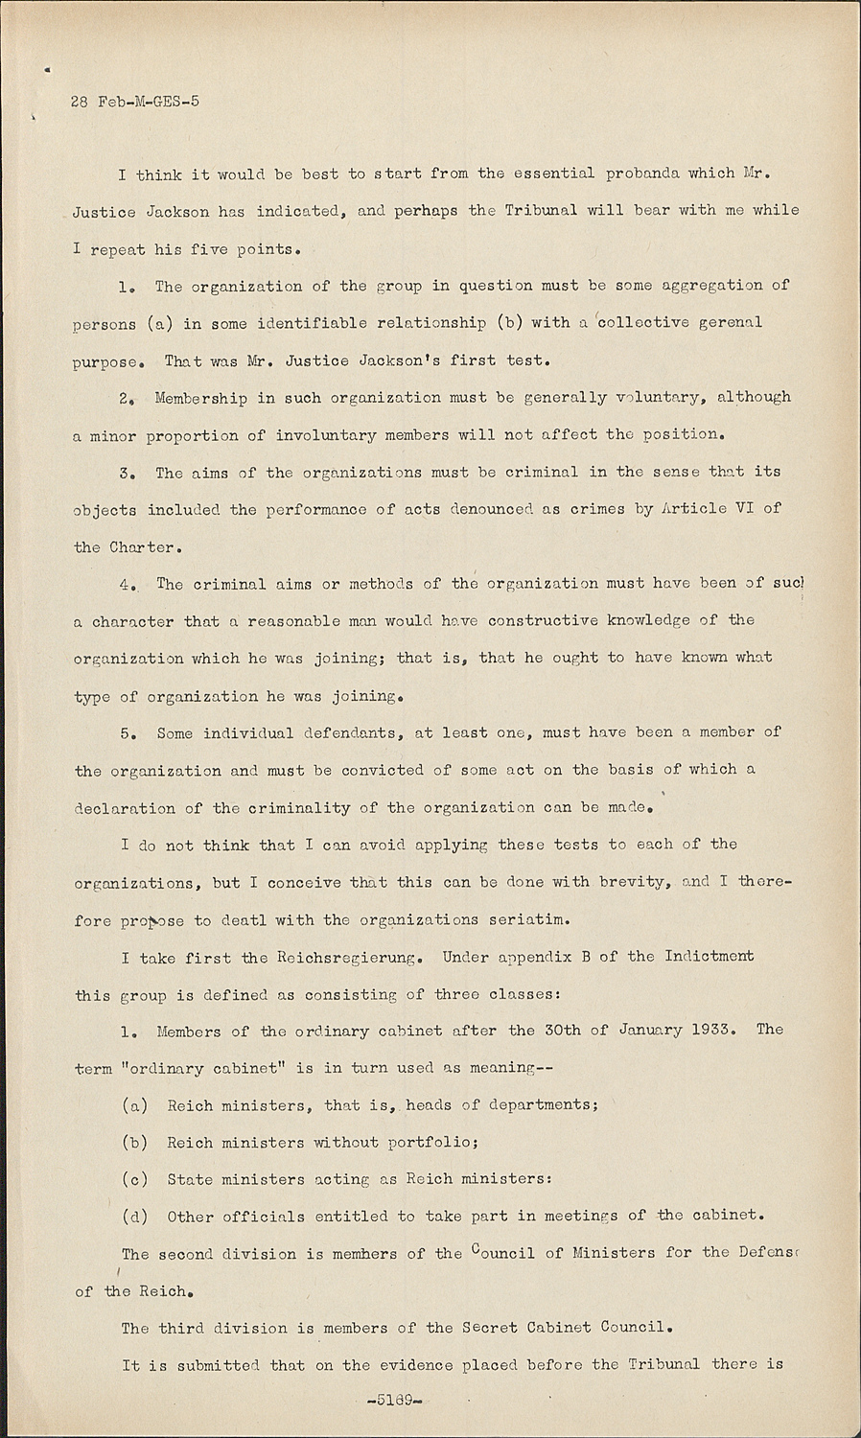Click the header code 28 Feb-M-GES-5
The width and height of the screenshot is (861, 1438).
(x=135, y=101)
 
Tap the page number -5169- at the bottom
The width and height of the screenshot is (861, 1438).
(x=389, y=1400)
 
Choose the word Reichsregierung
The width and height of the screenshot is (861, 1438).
(x=346, y=956)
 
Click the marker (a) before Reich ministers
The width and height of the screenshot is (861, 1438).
(x=135, y=1104)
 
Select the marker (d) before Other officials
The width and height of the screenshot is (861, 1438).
(x=135, y=1217)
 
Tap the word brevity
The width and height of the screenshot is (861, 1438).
(x=627, y=881)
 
